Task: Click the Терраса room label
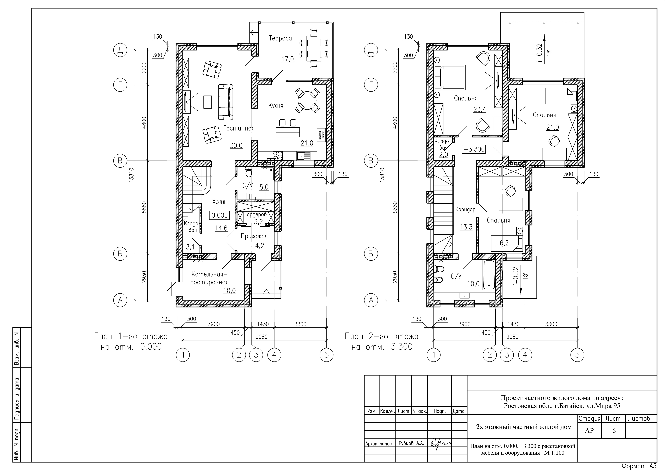[280, 38]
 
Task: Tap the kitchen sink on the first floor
[303, 156]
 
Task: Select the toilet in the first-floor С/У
[248, 172]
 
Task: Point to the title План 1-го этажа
[131, 337]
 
